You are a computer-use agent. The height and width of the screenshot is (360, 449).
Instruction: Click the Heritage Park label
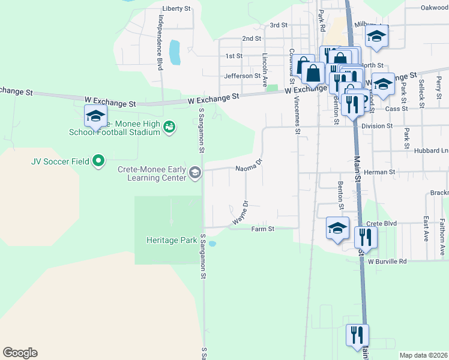point(172,240)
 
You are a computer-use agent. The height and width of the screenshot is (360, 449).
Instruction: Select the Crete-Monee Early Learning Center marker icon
point(194,173)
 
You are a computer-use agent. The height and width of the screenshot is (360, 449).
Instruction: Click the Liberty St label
point(176,9)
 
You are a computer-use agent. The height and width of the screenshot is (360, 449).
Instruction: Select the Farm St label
point(262,229)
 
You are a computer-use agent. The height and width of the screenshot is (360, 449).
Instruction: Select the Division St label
point(377,126)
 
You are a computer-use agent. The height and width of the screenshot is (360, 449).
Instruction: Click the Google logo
point(20,353)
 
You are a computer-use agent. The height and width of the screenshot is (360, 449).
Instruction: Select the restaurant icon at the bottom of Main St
point(357,335)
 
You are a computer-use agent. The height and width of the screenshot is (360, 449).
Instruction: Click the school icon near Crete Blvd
point(337,228)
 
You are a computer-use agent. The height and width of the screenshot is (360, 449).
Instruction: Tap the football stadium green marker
point(170,126)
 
